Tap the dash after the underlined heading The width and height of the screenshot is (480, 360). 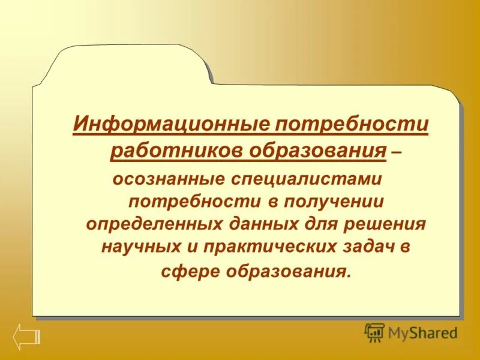tap(397, 153)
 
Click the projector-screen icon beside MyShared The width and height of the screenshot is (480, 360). tap(374, 332)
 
